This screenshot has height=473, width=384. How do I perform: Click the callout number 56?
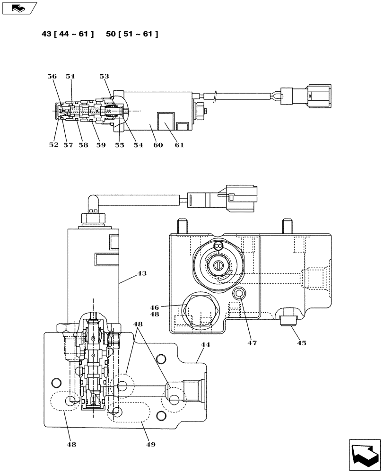click(x=52, y=76)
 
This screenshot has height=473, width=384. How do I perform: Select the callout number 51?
click(x=70, y=76)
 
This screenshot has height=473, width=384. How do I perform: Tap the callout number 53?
click(x=104, y=76)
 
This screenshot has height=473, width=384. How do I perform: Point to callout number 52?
click(x=53, y=145)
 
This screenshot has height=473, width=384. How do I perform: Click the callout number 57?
click(x=68, y=145)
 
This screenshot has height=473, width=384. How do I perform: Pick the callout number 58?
click(x=83, y=145)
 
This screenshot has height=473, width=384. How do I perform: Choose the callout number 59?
click(x=100, y=145)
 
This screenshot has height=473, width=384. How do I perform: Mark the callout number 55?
click(x=119, y=145)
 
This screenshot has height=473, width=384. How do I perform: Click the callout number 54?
click(x=138, y=145)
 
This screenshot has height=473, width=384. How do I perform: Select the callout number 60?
click(x=157, y=145)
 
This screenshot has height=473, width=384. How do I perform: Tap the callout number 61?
click(x=178, y=145)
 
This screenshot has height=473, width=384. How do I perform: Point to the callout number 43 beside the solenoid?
click(x=142, y=273)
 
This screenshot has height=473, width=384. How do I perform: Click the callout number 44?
click(x=205, y=345)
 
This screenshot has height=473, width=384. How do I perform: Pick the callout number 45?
click(x=301, y=343)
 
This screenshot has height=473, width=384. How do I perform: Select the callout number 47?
click(x=252, y=343)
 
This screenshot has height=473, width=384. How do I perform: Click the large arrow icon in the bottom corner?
click(x=364, y=455)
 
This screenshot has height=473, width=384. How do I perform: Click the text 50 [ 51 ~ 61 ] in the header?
click(x=132, y=34)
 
